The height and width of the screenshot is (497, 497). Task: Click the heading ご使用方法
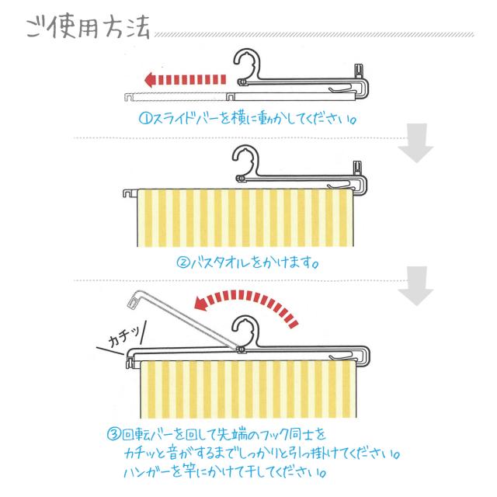(88, 27)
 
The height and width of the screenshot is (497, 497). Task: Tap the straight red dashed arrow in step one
(185, 79)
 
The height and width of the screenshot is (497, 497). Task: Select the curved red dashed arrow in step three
(247, 305)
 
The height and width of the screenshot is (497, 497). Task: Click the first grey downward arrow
(416, 143)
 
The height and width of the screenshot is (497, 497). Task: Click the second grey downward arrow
(416, 286)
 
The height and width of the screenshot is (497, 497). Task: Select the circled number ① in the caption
(146, 119)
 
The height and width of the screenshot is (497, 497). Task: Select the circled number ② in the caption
(183, 262)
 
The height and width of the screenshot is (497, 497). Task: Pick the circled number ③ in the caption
(114, 434)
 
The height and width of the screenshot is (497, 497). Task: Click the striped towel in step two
(245, 217)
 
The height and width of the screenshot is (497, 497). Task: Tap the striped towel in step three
(248, 390)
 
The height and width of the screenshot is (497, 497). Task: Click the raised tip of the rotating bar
(134, 299)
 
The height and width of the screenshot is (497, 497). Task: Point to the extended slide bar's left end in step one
(128, 96)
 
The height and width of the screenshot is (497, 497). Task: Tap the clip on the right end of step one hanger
(359, 71)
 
